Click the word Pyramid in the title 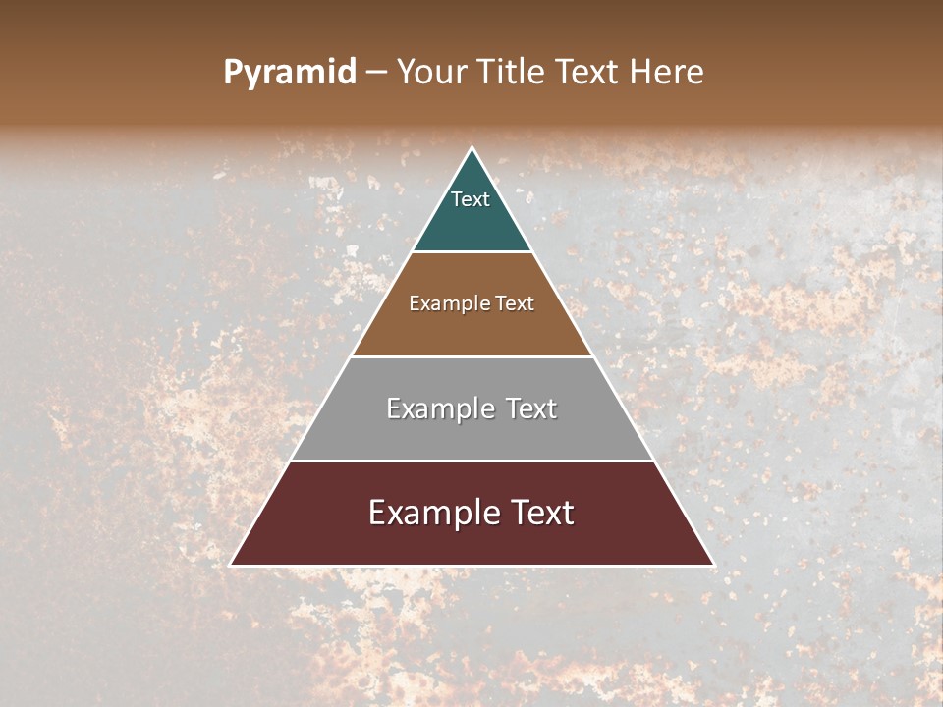290,73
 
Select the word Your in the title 433,73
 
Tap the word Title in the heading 513,73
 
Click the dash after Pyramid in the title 376,73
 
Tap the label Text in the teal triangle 471,199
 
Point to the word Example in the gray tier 438,408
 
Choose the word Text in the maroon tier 542,513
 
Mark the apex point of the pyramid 471,148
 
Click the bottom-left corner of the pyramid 231,565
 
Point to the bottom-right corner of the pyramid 713,565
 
